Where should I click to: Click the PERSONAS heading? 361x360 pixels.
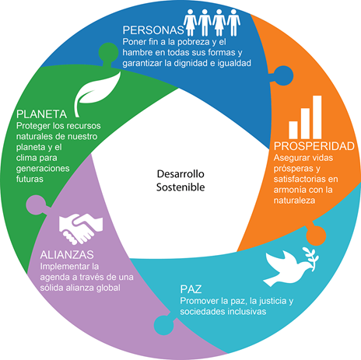coord(153,30)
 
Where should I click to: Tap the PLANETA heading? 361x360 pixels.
coord(42,114)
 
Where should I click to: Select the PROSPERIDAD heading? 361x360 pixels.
coord(314,146)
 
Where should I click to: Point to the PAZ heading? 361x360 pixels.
coord(191,289)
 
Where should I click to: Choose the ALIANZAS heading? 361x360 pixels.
coord(67,255)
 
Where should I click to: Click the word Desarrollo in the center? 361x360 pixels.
coord(180,174)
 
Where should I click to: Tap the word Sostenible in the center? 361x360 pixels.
coord(180,187)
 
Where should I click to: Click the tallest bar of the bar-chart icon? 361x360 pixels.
coord(317,117)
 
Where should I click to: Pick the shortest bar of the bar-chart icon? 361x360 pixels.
coord(293,130)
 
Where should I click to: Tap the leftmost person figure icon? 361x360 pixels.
coord(191,23)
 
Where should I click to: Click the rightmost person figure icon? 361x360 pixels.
coord(233,23)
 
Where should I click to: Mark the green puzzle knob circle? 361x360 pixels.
coord(108,53)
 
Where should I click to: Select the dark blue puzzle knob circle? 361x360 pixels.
coord(283,75)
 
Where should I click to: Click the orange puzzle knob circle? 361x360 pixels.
coord(316,236)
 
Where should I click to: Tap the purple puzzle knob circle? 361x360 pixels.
coord(36,204)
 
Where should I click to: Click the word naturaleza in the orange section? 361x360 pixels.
coord(294,201)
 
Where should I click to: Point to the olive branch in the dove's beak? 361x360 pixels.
coord(310,259)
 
